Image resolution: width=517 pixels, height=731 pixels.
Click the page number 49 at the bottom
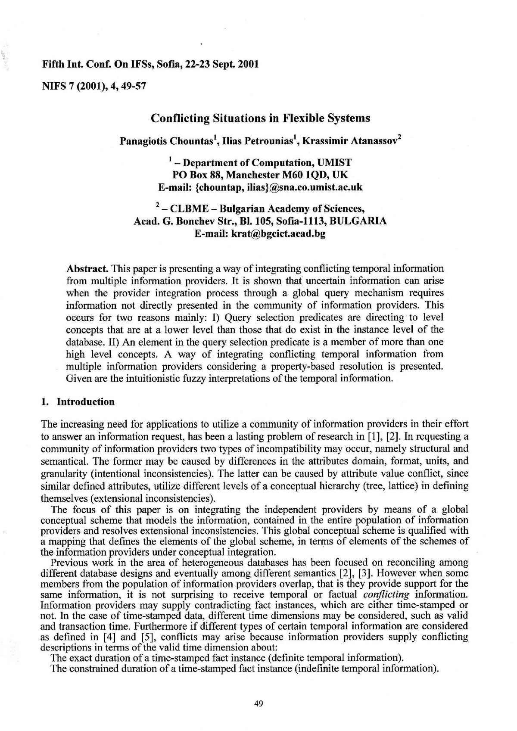click(258, 704)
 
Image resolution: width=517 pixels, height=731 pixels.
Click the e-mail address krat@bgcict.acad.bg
click(278, 234)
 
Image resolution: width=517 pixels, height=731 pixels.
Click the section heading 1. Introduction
click(78, 402)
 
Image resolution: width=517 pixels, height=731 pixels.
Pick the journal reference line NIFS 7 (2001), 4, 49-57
click(93, 86)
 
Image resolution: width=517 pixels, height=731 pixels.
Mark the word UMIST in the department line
click(335, 163)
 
